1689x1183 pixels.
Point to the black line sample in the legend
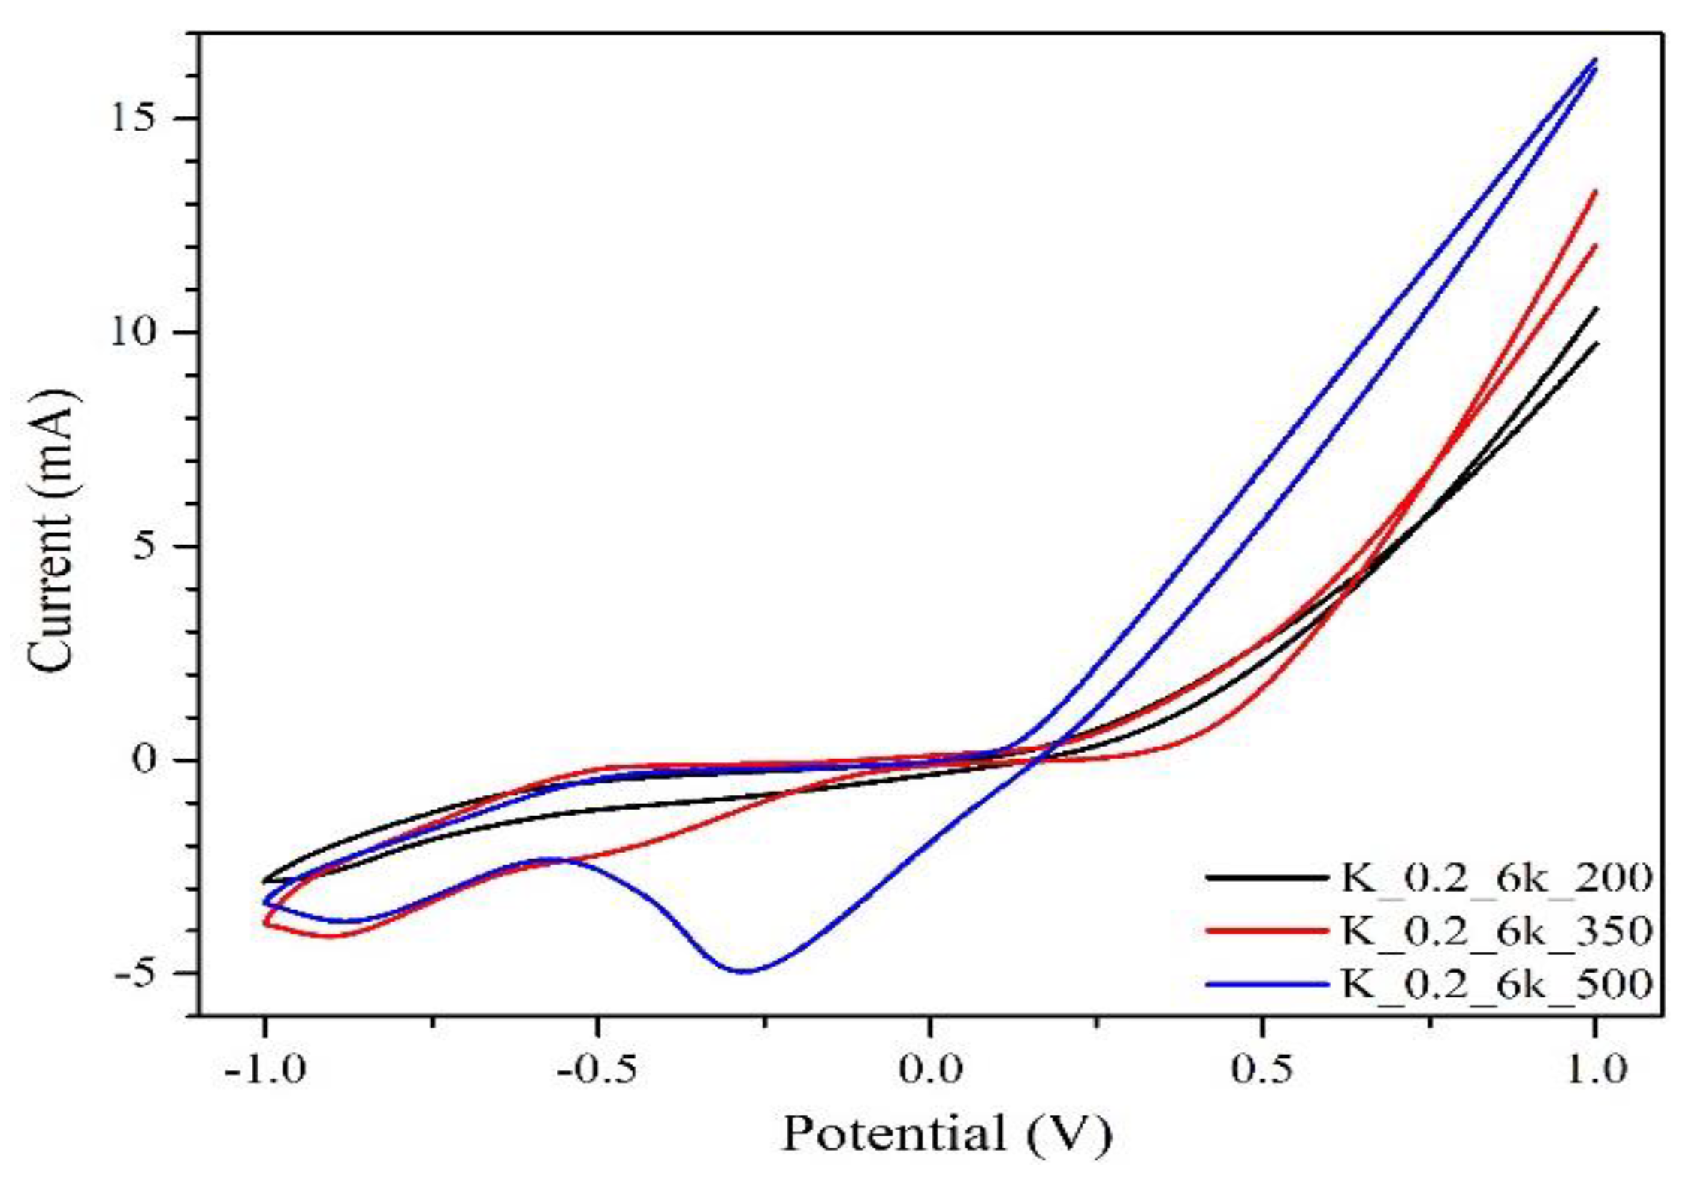click(1267, 877)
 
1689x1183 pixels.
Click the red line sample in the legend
click(1267, 931)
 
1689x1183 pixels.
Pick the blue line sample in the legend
click(1267, 984)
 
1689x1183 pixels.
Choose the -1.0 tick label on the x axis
click(264, 1070)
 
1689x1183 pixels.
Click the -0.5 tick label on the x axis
click(597, 1070)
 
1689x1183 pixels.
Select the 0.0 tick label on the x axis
click(930, 1070)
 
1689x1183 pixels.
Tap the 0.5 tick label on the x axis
click(1263, 1070)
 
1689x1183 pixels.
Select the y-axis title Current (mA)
click(53, 530)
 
